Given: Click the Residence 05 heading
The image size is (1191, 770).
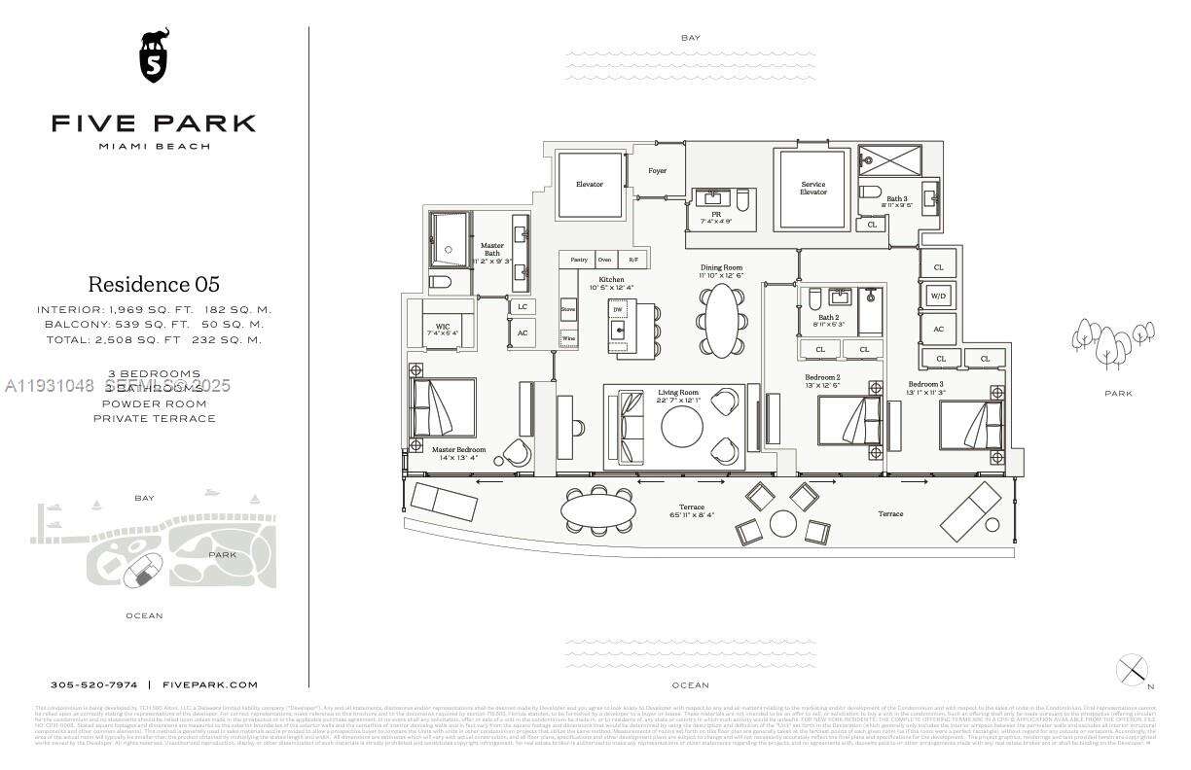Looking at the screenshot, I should tap(154, 284).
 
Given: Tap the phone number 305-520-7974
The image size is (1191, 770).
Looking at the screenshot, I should tap(93, 684).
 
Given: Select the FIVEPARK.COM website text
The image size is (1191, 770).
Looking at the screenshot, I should tap(209, 684).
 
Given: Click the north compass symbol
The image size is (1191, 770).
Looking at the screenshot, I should tap(1132, 670).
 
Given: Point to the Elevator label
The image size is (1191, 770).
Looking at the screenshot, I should tap(589, 184).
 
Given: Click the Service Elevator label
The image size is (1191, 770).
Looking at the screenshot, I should tap(812, 188).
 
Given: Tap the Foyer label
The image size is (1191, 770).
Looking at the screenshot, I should tap(658, 171).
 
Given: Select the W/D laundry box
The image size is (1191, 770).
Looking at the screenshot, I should tap(938, 296).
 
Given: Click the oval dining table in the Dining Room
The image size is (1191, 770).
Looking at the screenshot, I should tap(722, 320).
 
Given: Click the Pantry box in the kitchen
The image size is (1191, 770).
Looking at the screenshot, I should tap(579, 260).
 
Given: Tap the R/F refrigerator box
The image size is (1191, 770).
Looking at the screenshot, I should tap(633, 260).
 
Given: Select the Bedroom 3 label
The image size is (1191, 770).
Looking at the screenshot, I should tap(926, 386).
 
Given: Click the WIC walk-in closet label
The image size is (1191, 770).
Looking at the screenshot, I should tap(441, 328).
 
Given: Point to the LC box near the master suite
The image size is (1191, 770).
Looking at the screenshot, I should tap(523, 306).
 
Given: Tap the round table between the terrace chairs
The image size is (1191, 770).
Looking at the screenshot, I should tap(784, 524).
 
